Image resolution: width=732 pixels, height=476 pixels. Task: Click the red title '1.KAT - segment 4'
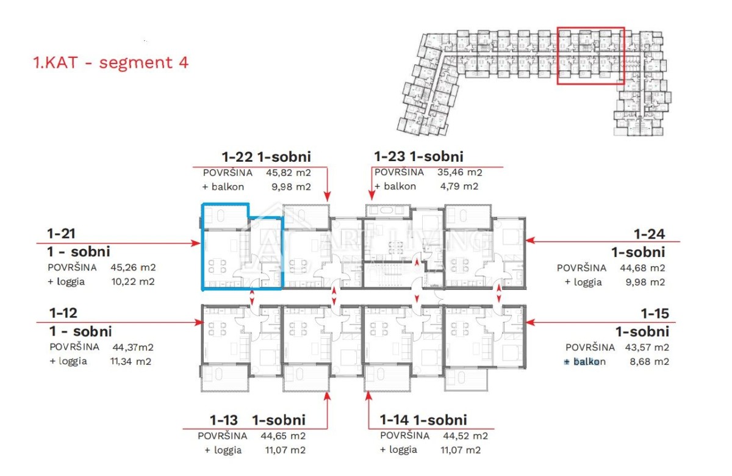111,62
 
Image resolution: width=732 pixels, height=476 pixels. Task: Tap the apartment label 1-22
237,157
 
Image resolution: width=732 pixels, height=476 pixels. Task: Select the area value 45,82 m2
288,173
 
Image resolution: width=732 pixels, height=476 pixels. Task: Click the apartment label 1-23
390,157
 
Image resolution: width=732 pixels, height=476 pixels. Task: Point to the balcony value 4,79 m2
459,186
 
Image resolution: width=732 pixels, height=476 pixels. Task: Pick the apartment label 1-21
61,234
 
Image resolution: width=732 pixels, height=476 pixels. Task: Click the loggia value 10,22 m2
133,281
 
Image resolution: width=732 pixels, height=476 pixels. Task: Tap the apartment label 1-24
649,234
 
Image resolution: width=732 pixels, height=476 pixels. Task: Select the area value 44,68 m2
642,268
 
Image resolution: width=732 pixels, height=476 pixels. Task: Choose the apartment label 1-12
63,313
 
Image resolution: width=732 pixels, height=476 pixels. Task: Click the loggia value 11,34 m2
131,361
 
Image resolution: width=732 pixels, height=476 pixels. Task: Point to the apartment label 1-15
655,314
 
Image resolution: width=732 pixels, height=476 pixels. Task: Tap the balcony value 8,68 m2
649,361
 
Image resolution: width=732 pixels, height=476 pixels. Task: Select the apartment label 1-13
223,420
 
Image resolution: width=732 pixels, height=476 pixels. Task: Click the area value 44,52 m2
465,436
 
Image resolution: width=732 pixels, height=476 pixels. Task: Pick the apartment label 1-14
394,420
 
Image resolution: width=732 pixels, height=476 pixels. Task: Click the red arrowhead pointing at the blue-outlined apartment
196,243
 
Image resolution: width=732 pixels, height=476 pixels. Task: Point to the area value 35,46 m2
460,172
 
